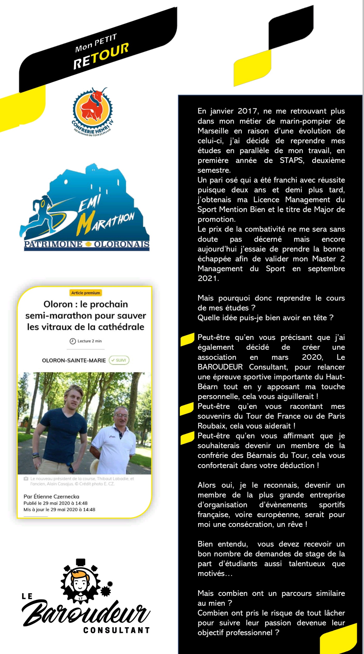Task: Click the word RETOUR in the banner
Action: pyautogui.click(x=101, y=56)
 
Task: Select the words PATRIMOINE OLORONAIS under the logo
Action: pyautogui.click(x=86, y=244)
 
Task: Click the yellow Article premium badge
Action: pyautogui.click(x=85, y=293)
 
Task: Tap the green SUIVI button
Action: pyautogui.click(x=119, y=360)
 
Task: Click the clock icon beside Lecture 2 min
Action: pyautogui.click(x=73, y=341)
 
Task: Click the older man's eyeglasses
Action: pyautogui.click(x=121, y=416)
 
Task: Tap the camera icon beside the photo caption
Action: pyautogui.click(x=26, y=479)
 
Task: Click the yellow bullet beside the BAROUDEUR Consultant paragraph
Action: pyautogui.click(x=187, y=339)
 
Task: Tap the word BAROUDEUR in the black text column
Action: pyautogui.click(x=220, y=367)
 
